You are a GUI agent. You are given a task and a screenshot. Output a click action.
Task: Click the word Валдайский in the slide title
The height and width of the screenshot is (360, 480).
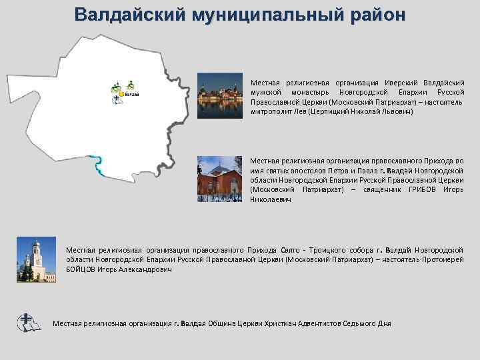click(129, 15)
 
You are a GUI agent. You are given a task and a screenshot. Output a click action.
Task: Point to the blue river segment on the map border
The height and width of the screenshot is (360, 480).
click(98, 164)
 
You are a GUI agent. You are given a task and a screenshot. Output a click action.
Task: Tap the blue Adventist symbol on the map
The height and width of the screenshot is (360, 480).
click(117, 100)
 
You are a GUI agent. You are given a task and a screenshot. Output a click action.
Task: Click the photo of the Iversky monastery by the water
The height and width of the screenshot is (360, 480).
click(219, 97)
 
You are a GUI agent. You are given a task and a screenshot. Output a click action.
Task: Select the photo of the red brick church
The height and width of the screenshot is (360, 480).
click(219, 178)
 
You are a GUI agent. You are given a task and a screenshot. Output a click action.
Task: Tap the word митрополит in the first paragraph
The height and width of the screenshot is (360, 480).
click(271, 112)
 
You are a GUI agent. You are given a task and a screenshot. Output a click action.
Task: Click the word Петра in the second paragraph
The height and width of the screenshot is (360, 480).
click(341, 170)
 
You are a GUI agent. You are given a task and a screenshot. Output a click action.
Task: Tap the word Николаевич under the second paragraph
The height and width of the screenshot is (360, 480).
click(270, 199)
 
